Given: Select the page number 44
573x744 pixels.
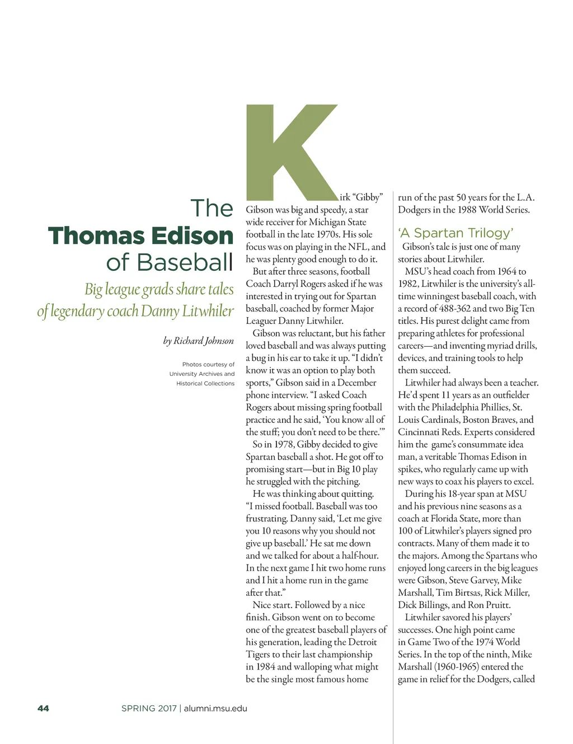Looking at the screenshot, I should pos(43,708).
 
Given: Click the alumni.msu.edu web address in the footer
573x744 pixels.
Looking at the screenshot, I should pos(215,708).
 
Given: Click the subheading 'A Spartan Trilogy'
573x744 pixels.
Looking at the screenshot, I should pos(455,233).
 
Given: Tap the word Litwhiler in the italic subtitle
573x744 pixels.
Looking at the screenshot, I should pos(208,311).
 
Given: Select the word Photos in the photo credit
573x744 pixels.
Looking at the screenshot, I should pos(192,364).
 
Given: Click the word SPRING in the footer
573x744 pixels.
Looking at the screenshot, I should pos(138,708).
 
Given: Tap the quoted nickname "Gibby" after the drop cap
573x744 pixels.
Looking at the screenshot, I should pos(367,197).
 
